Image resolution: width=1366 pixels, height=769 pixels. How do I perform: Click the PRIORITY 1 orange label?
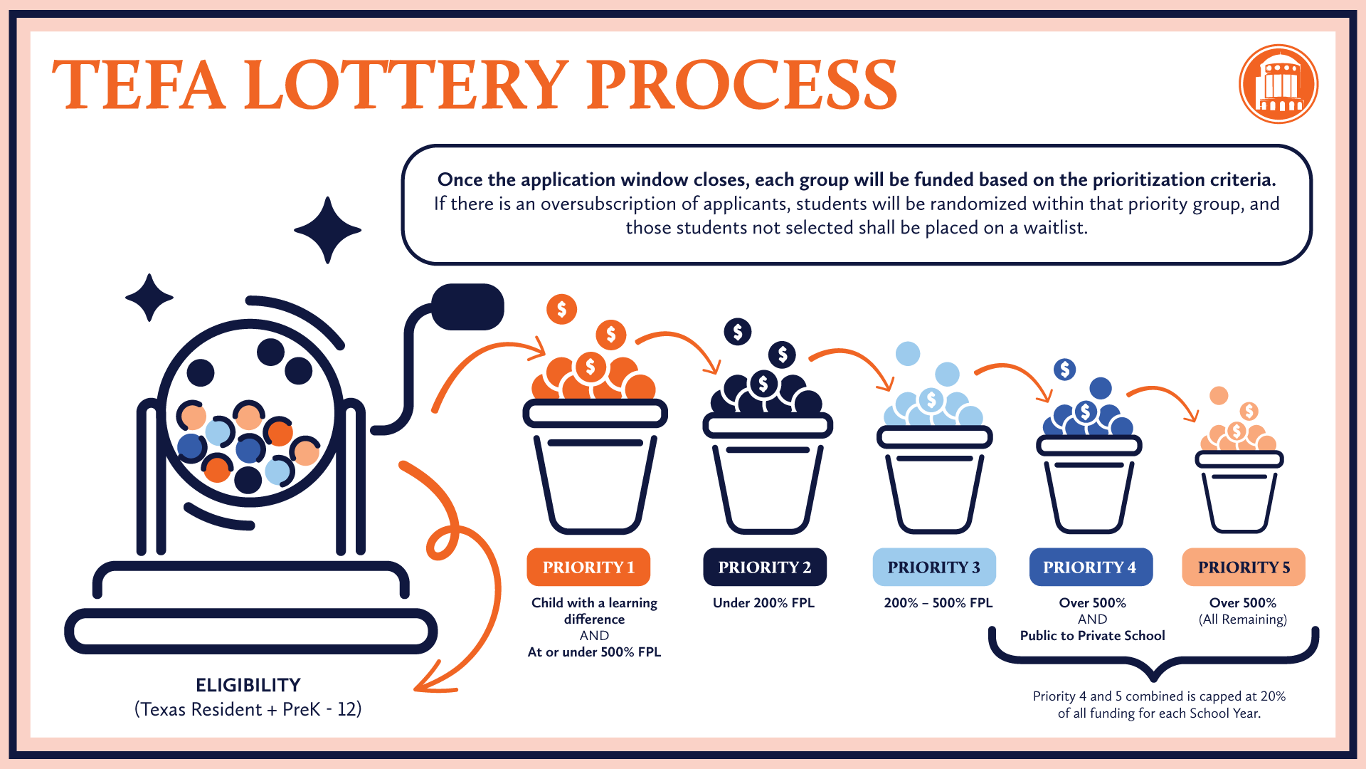[588, 567]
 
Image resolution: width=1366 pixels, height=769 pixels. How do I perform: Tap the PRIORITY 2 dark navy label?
[764, 567]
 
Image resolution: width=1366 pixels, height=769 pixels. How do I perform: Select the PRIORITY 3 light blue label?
[933, 567]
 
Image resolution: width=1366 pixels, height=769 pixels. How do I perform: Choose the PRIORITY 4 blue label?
[1090, 567]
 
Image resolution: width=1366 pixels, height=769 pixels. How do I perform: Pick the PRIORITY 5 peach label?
[1243, 567]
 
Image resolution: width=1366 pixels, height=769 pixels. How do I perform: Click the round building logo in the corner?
[1278, 84]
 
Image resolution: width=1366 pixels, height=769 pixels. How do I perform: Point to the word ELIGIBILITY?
[248, 685]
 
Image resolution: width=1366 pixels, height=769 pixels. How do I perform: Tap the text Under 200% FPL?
[763, 603]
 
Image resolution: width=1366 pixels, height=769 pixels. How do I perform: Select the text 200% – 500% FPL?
[938, 603]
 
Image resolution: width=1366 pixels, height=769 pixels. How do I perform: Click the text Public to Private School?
[1092, 636]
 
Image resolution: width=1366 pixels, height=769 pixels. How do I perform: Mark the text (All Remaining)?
[1243, 619]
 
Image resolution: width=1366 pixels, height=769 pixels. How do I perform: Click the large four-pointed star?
[327, 230]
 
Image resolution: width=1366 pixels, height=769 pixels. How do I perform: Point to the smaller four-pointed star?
[149, 298]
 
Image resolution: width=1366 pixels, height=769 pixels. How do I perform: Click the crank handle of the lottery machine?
[467, 307]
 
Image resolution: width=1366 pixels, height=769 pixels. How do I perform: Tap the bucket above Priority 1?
[595, 470]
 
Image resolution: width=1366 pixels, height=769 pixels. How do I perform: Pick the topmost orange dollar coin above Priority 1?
[561, 309]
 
